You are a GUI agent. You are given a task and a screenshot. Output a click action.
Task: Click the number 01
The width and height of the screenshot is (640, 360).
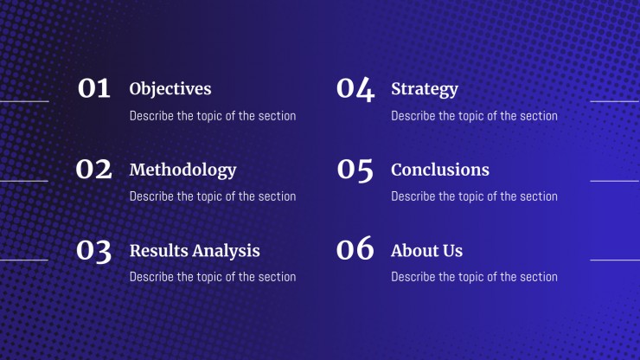[94, 88]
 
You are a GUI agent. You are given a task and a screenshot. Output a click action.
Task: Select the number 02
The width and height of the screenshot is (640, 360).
[94, 169]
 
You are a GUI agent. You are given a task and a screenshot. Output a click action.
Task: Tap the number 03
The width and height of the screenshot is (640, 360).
[94, 251]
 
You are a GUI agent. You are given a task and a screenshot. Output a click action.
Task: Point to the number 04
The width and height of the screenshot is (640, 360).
[355, 89]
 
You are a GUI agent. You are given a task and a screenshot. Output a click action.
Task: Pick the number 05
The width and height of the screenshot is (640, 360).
[355, 170]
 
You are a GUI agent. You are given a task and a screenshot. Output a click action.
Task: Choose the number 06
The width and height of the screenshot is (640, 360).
[355, 248]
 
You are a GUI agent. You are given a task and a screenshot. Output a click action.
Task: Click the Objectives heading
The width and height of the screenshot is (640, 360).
[170, 89]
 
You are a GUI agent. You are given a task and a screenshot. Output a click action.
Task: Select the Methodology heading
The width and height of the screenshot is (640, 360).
[182, 170]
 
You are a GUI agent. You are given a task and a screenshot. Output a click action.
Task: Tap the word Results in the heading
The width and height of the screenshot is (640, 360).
[160, 250]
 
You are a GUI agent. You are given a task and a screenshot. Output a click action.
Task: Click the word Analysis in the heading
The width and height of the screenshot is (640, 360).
[227, 251]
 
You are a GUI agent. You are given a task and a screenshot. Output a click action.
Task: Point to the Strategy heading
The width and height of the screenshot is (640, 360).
[425, 89]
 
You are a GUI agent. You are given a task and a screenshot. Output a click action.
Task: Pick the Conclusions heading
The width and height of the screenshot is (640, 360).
[440, 170]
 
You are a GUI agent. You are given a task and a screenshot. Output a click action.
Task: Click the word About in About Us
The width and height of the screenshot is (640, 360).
[413, 250]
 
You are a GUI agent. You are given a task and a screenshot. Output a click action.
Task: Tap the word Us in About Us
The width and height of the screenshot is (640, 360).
[451, 251]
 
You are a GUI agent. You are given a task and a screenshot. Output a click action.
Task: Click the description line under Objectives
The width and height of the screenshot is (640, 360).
[213, 116]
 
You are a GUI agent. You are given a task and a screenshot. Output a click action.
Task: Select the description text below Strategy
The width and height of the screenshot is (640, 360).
[474, 116]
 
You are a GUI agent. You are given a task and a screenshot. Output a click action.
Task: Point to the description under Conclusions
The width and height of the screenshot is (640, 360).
[474, 196]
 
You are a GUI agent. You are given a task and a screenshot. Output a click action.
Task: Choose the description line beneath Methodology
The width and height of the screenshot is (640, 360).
[213, 196]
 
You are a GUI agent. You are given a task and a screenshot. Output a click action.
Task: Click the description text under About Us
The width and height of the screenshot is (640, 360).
[474, 277]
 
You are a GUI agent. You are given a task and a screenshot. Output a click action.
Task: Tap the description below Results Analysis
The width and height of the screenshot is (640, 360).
[213, 277]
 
